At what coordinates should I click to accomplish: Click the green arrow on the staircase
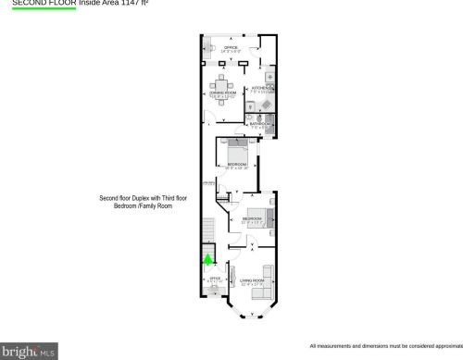[x=208, y=262]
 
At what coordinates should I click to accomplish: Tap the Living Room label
[x=251, y=279]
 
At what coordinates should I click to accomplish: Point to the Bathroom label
[x=259, y=123]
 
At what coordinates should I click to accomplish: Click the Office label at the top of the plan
[x=231, y=47]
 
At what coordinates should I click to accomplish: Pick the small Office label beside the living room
[x=215, y=278]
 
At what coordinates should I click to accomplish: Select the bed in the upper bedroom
[x=235, y=146]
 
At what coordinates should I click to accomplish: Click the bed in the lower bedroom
[x=267, y=218]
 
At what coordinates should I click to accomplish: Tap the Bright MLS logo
[x=30, y=351]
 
